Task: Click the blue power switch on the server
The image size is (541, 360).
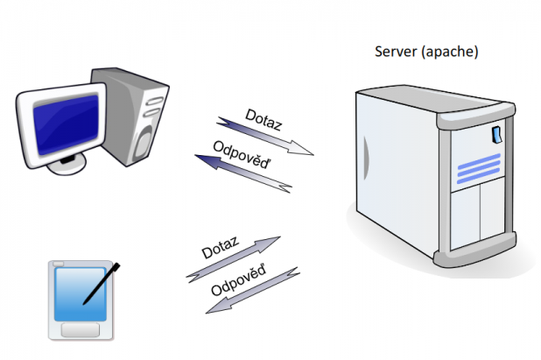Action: [496, 134]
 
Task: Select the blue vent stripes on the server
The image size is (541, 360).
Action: [478, 167]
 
